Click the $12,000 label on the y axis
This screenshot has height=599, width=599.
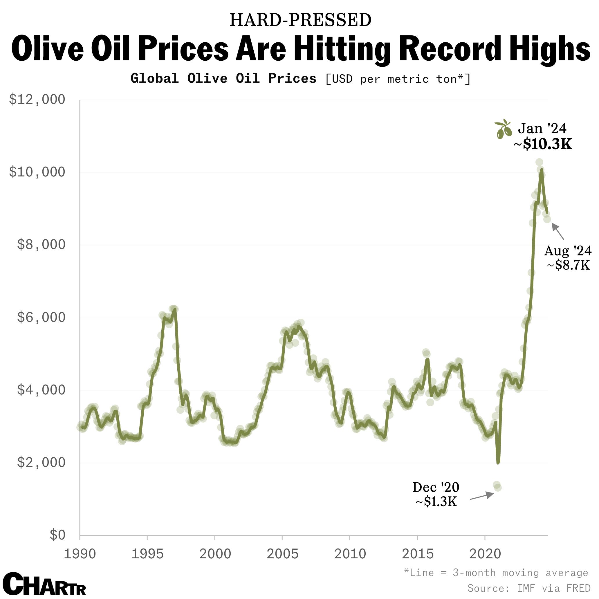click(37, 100)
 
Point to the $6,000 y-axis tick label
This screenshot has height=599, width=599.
click(41, 317)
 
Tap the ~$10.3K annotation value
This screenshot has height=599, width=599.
click(543, 144)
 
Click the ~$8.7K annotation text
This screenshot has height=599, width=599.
click(568, 265)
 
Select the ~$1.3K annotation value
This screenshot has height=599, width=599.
click(436, 502)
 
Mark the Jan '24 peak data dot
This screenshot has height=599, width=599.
click(540, 162)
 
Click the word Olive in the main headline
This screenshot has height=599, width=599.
click(47, 49)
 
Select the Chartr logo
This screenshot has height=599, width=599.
click(44, 584)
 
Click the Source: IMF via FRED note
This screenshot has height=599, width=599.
click(528, 588)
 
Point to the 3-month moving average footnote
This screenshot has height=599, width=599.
click(496, 573)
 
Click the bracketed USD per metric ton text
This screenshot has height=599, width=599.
click(398, 79)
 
